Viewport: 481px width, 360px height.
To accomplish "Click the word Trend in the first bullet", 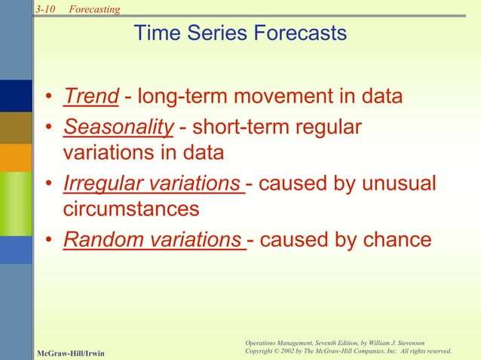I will click(91, 97).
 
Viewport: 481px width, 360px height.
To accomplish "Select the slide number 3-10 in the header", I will click(47, 8).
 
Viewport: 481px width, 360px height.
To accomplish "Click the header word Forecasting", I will click(94, 8).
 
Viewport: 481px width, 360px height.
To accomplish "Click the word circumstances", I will click(130, 209).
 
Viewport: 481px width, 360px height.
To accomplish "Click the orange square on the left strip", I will click(16, 157).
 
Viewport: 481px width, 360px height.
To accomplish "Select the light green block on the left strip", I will click(16, 204).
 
